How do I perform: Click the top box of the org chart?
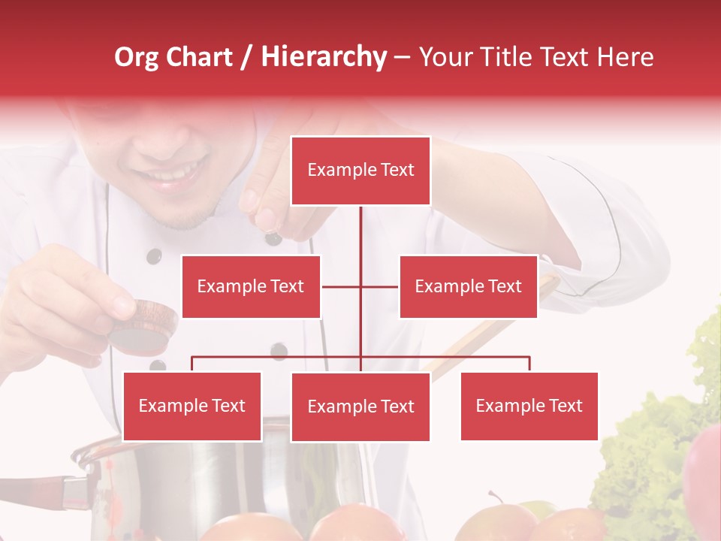[x=360, y=171]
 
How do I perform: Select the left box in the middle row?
[x=251, y=286]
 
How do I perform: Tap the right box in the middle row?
[x=468, y=286]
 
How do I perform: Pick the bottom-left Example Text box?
[x=192, y=406]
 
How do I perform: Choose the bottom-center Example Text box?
[x=360, y=407]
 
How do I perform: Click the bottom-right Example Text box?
[x=529, y=406]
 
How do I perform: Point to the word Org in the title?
[x=137, y=57]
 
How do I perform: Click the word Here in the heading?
[x=623, y=57]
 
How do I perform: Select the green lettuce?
[x=646, y=451]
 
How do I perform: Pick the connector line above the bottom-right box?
[x=529, y=364]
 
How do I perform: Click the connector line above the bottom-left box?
[x=192, y=364]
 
